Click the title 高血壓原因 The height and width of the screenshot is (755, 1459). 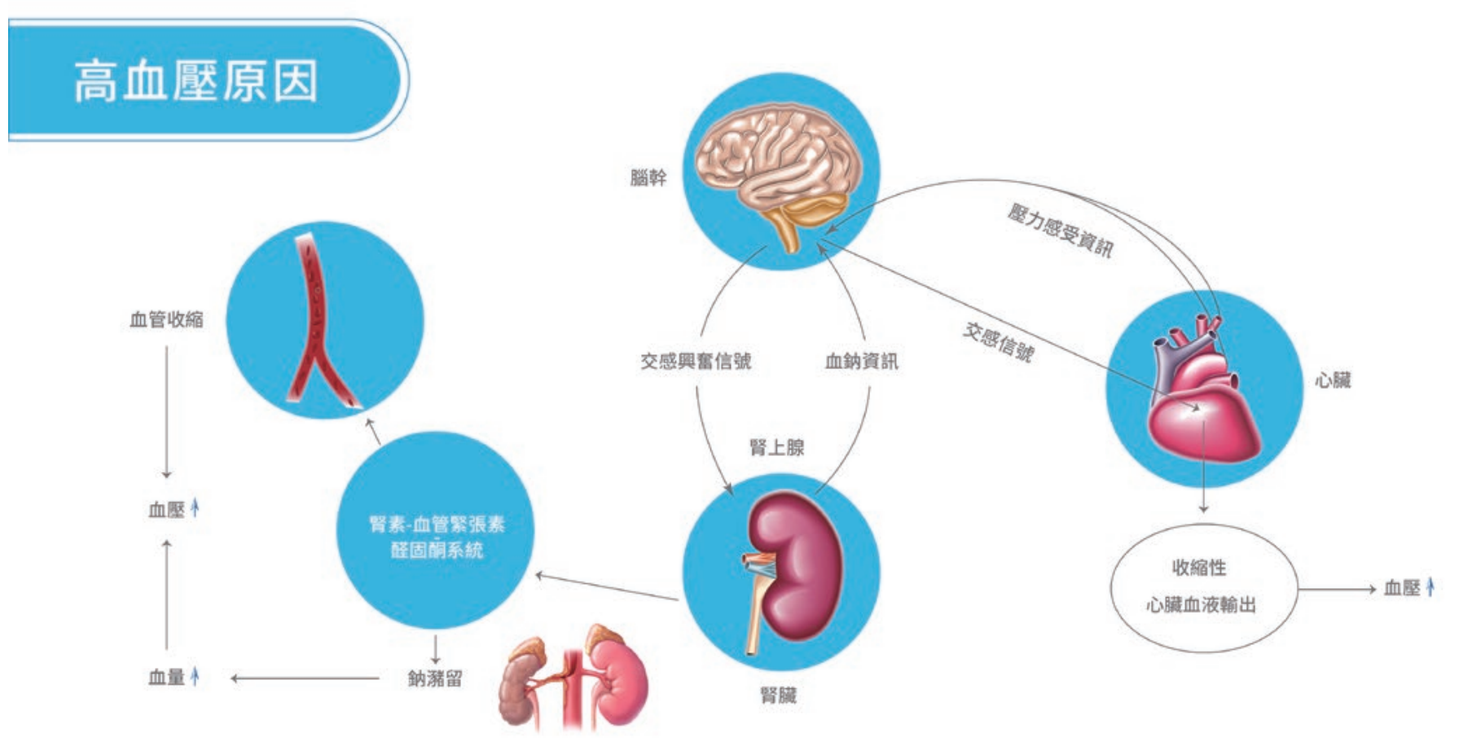pyautogui.click(x=196, y=81)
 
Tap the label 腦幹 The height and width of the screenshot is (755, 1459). pyautogui.click(x=648, y=178)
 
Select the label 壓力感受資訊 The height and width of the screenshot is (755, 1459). pyautogui.click(x=1059, y=230)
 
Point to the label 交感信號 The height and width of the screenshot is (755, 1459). pyautogui.click(x=998, y=341)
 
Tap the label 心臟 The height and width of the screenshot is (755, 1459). pyautogui.click(x=1332, y=380)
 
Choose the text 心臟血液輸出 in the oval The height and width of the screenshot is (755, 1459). pyautogui.click(x=1201, y=605)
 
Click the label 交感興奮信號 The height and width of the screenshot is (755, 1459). pyautogui.click(x=695, y=361)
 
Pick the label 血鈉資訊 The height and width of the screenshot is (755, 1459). pyautogui.click(x=861, y=361)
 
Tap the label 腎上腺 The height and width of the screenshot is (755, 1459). pyautogui.click(x=776, y=447)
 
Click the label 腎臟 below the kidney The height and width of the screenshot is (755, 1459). pyautogui.click(x=778, y=695)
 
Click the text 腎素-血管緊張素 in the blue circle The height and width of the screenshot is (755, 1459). pyautogui.click(x=437, y=524)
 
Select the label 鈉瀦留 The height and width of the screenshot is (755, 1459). pyautogui.click(x=435, y=678)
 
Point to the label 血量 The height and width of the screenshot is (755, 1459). pyautogui.click(x=166, y=678)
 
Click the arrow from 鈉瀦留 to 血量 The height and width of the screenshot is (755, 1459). pyautogui.click(x=305, y=678)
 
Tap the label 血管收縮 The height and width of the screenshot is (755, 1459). pyautogui.click(x=166, y=319)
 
